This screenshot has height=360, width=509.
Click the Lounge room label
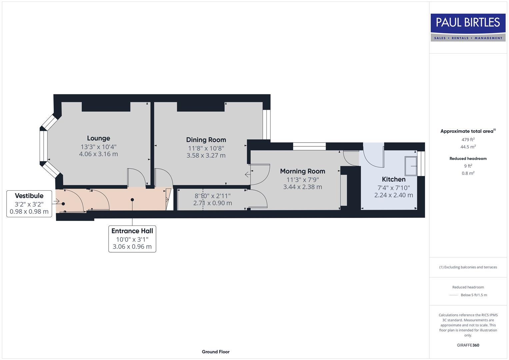[x=98, y=138]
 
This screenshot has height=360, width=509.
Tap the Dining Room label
[x=206, y=140]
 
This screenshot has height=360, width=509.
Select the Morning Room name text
[x=302, y=171]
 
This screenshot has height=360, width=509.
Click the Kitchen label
[x=393, y=179]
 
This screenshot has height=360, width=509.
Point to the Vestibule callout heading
[x=29, y=196]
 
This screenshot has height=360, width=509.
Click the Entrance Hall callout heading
[x=132, y=231]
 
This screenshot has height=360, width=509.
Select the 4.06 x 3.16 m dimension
[x=98, y=154]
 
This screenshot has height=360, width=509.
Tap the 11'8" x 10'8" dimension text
[x=206, y=148]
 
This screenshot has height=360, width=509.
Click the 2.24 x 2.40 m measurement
[x=393, y=195]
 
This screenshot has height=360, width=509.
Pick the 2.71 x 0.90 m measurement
[x=212, y=203]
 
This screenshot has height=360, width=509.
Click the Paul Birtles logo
[x=468, y=27]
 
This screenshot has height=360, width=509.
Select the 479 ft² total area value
[x=468, y=140]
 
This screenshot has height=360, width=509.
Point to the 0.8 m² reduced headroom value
[x=468, y=173]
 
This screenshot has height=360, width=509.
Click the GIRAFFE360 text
[x=468, y=345]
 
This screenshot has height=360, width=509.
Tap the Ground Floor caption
[x=215, y=352]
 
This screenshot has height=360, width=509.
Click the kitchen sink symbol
[x=411, y=166]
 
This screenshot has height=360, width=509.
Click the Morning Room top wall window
[x=309, y=146]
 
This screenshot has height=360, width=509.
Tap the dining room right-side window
[x=266, y=124]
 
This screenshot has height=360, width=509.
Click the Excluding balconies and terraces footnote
[x=468, y=267]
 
